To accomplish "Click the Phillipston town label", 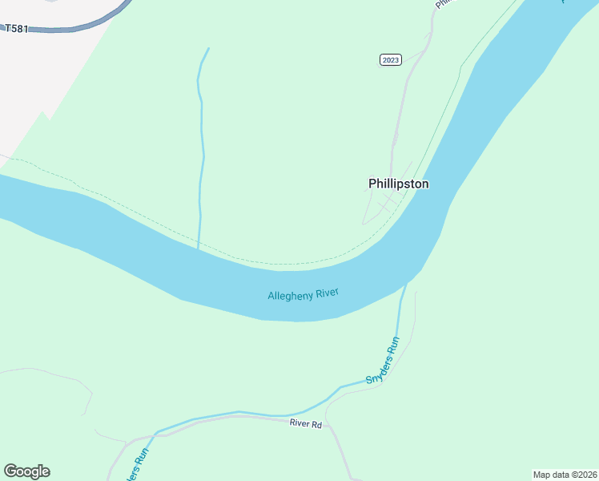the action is pos(398,184).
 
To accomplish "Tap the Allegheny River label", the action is pos(304,294).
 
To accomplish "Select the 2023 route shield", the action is pos(390,60).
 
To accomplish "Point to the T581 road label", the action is pos(16,29).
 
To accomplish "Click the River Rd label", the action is pos(305,424).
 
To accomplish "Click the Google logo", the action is pos(26,471).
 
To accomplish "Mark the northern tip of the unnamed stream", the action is pos(208,48).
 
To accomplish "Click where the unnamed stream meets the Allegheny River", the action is pos(199,248).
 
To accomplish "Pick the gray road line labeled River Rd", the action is pos(240,417).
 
